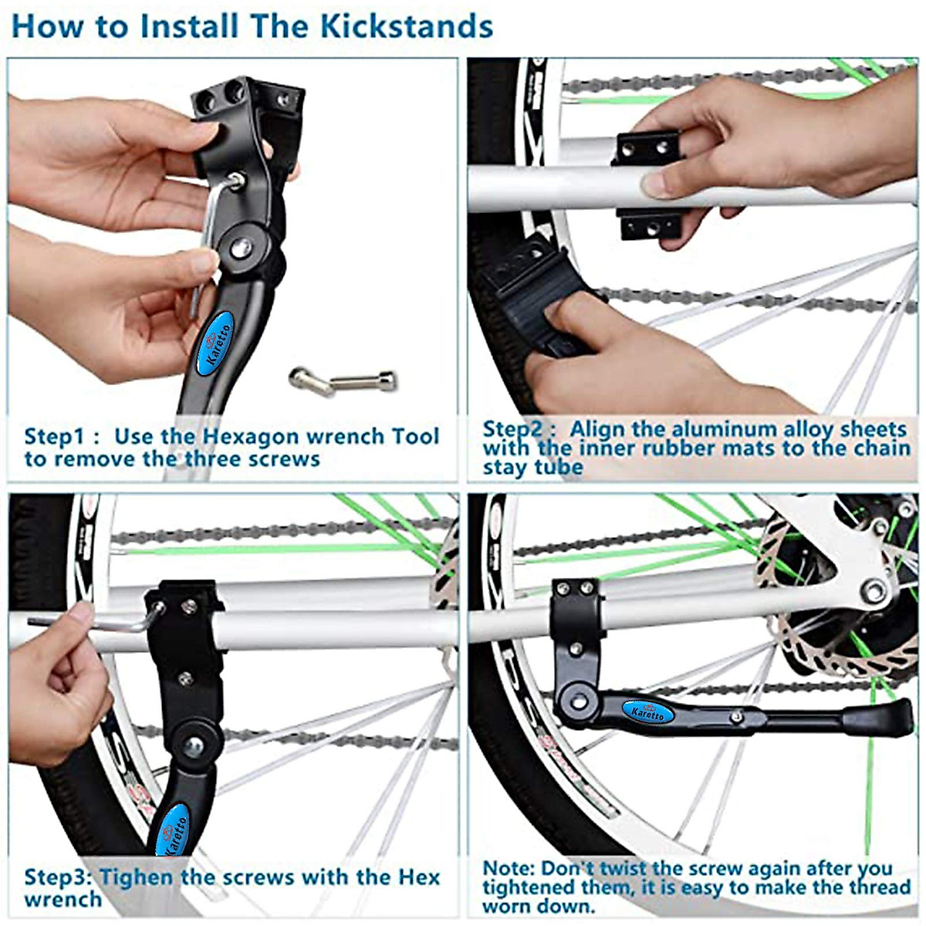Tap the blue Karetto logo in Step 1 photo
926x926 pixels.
point(218,344)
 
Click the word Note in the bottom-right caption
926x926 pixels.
point(507,869)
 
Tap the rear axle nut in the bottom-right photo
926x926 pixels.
point(874,593)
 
